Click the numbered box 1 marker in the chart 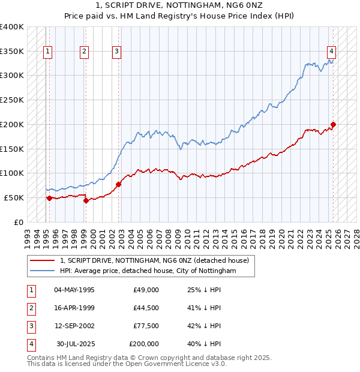tap(47, 52)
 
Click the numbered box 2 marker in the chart tap(85, 52)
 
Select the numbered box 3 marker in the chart tap(116, 52)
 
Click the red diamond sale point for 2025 tap(333, 125)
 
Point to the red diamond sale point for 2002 tap(118, 184)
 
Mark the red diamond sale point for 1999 tap(86, 200)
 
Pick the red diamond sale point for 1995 tap(49, 198)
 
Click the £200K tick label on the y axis tap(12, 124)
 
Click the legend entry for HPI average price tap(148, 271)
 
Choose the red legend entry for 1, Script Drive tap(158, 260)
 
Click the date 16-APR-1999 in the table tap(74, 308)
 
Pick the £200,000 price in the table tap(144, 344)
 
